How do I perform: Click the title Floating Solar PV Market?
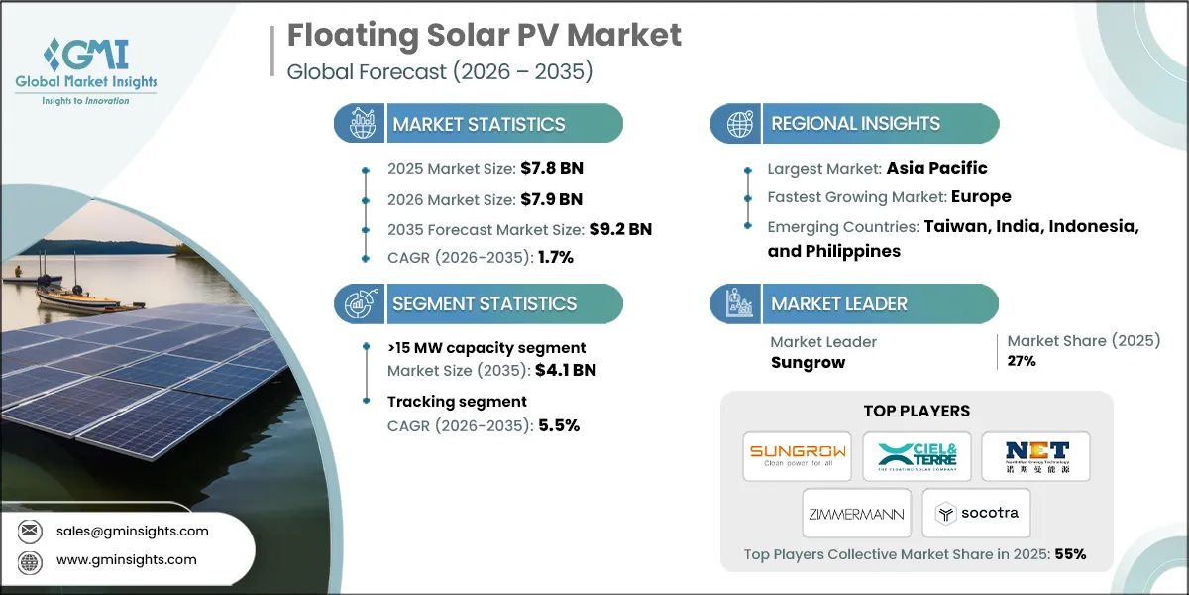[x=484, y=35]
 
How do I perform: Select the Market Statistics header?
[x=479, y=124]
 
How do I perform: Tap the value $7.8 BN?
[x=546, y=168]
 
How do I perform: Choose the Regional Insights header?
[x=855, y=124]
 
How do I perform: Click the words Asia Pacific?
[x=937, y=168]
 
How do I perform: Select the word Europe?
[x=981, y=197]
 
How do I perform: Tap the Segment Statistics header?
[x=485, y=303]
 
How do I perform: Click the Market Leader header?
[x=838, y=303]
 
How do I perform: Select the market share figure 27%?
[x=1023, y=361]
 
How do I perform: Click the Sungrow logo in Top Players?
[x=797, y=455]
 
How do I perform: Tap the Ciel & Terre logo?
[x=917, y=455]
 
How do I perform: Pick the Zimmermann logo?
[x=856, y=514]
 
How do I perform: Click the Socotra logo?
[x=976, y=514]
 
